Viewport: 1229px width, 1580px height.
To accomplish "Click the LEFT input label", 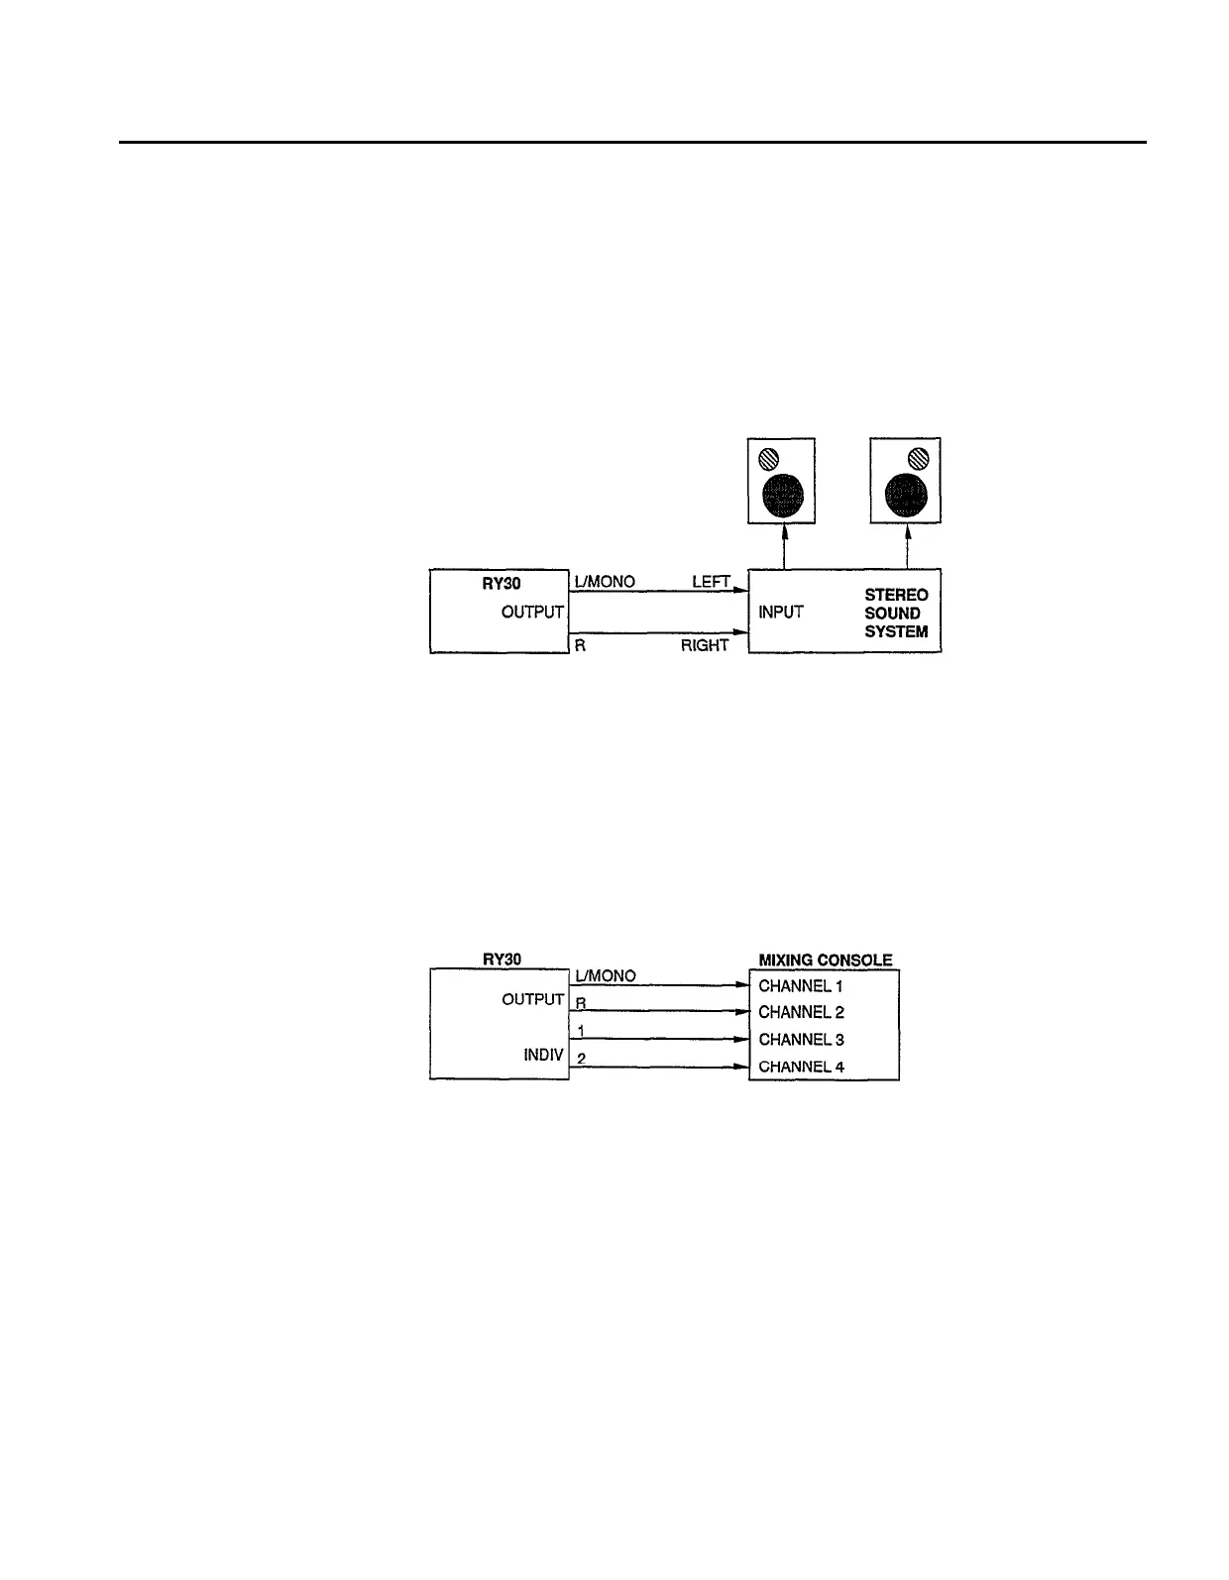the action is coord(711,582).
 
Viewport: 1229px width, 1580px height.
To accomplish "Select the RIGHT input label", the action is coord(704,645).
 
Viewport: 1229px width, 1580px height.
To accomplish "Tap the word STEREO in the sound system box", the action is coord(896,595).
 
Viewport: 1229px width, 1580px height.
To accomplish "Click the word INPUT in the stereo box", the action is coord(781,613).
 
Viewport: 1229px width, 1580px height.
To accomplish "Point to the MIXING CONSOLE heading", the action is coord(825,959).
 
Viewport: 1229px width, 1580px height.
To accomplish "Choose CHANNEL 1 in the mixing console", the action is coord(800,986).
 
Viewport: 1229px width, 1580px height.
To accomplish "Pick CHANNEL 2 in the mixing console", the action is coord(801,1012).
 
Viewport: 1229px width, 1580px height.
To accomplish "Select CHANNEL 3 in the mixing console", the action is coord(801,1040).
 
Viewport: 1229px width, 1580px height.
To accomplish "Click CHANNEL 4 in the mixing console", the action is coord(801,1067).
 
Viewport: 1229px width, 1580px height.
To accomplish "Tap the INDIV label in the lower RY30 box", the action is coord(544,1055).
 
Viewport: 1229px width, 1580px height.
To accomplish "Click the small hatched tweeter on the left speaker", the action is coord(769,459).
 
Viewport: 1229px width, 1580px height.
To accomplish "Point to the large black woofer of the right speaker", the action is coord(906,495).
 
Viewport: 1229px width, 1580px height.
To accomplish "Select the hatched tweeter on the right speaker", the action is coord(919,458).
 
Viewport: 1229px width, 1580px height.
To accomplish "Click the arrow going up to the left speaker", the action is coord(784,546).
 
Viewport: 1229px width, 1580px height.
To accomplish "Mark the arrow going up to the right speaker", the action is coord(907,546).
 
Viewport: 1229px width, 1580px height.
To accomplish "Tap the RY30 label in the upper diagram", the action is coord(502,583).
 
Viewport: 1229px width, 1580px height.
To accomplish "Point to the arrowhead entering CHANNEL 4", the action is coord(741,1067).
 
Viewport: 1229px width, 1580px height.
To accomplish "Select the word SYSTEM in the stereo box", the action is coord(896,631).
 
